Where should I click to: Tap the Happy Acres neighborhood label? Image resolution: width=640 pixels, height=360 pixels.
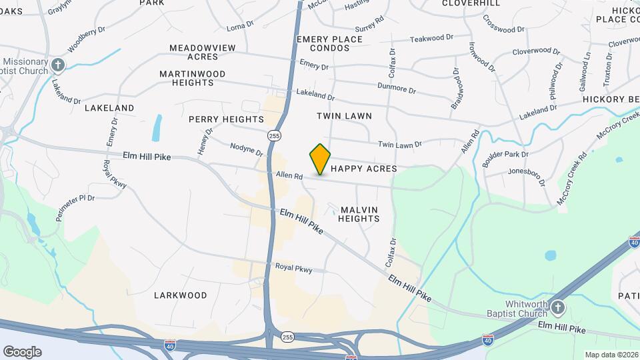pos(364,169)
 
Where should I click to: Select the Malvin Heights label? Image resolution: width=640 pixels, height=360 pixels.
pos(359,214)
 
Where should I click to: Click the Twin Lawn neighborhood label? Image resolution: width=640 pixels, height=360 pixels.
pos(344,116)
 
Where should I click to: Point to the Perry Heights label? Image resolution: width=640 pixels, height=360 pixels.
pos(226,119)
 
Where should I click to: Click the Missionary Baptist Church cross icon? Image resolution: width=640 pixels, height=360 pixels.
pos(59,65)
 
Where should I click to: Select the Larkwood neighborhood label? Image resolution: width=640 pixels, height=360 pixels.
pos(180,295)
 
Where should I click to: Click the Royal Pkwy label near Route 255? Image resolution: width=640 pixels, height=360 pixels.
pos(293,269)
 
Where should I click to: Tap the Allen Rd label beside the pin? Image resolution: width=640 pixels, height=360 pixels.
pos(289,177)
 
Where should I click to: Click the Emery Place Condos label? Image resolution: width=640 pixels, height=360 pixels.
pos(330,44)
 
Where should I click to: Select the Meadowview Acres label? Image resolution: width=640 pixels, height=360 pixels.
pos(203,52)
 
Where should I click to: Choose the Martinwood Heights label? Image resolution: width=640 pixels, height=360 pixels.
pos(192,78)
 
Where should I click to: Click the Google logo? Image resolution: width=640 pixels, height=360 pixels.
pos(22,351)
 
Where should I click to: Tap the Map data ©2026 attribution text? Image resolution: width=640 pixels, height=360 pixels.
pos(611,355)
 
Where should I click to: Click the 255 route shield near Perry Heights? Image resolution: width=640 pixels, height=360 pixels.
pos(274,135)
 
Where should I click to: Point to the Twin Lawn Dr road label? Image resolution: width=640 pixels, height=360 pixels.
pos(400,144)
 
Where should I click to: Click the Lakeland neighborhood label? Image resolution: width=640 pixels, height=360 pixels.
pos(109,107)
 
